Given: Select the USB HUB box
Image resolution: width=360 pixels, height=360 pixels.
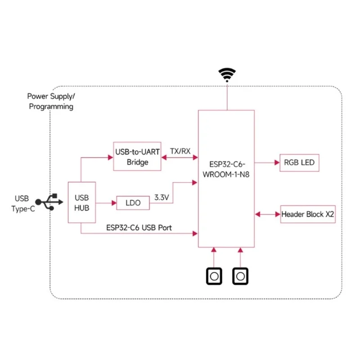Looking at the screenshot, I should [82, 202].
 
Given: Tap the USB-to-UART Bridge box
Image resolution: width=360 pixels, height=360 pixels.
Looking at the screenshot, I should [137, 156].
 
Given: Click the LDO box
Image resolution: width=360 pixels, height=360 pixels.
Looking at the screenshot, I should [133, 203].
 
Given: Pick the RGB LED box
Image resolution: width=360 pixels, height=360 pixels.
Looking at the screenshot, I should [300, 163].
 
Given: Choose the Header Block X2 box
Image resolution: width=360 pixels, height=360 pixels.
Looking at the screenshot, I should [308, 214].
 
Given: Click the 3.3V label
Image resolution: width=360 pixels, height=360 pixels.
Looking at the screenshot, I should [162, 197].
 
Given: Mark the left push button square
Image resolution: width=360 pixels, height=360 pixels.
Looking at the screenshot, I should [214, 276].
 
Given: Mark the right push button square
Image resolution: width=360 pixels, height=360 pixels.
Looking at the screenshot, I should [240, 276].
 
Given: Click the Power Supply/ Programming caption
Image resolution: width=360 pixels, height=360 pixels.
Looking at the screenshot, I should [51, 101].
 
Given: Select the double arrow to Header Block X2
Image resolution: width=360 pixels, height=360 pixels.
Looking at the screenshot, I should [267, 214].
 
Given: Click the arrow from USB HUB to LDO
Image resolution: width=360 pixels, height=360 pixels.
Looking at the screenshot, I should [106, 203].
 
